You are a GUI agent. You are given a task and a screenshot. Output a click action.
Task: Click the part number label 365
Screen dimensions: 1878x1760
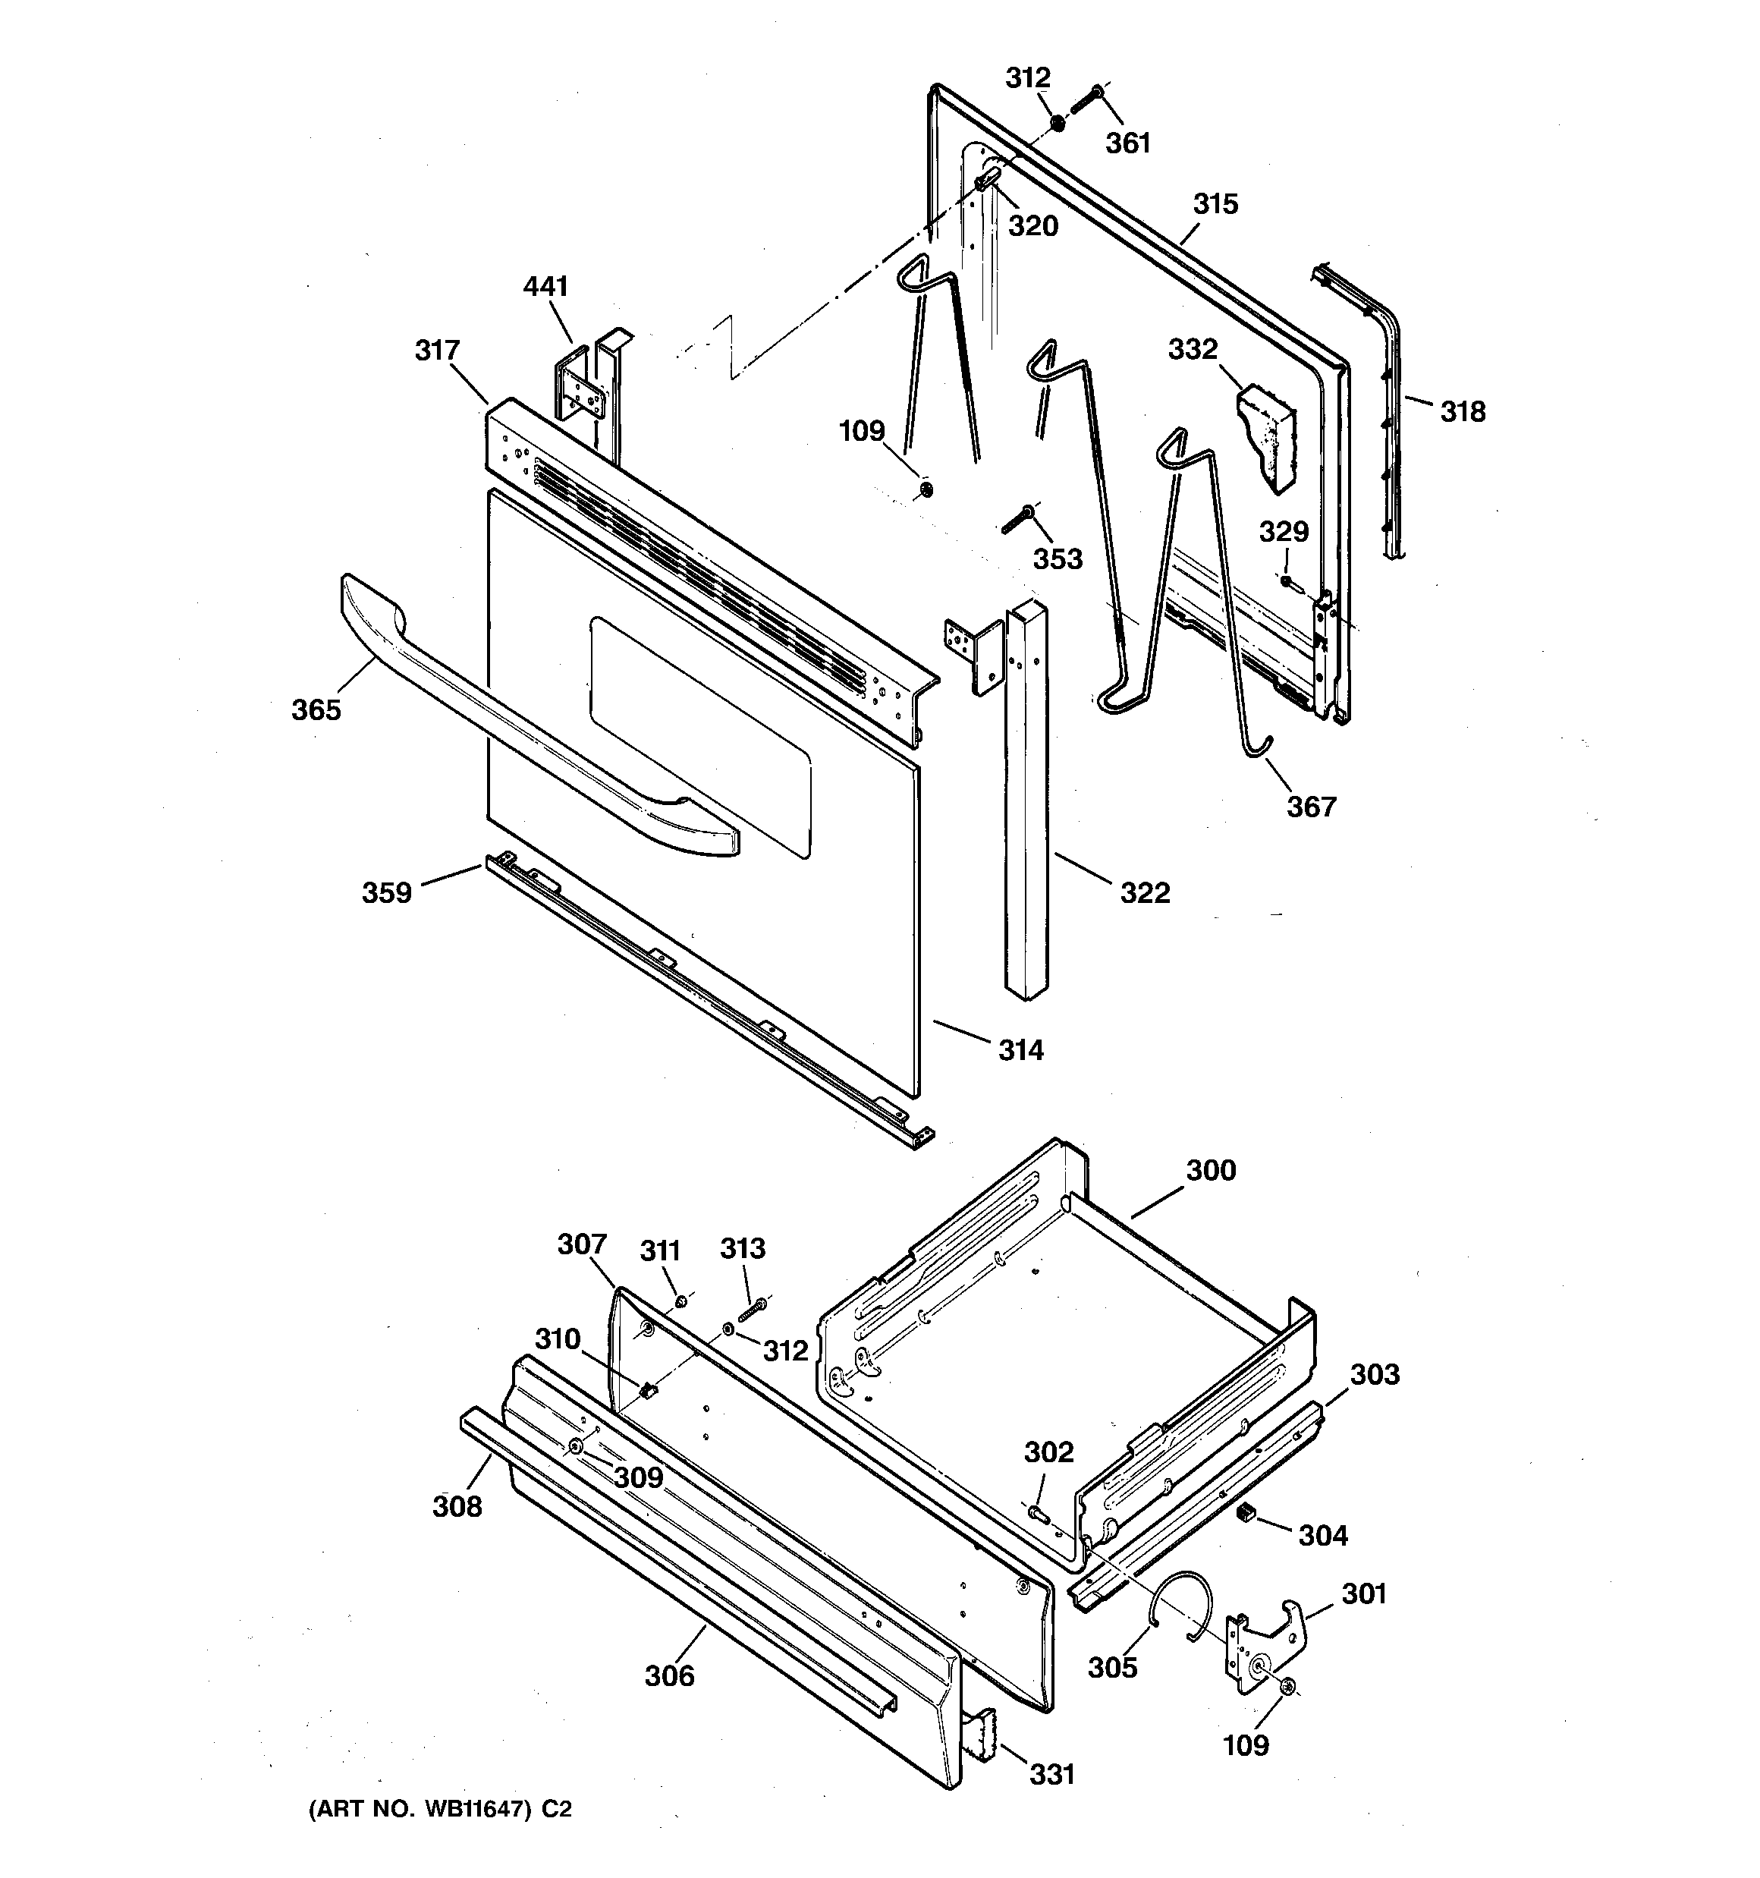[316, 709]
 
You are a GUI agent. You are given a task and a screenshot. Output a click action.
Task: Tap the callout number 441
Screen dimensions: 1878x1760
[545, 286]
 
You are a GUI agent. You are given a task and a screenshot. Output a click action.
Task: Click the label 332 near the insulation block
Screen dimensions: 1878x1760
[1193, 350]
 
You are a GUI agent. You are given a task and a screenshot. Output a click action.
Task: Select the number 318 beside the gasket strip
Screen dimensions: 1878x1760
[1463, 412]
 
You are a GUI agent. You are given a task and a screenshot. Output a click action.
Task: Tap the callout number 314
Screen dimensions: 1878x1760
[1021, 1049]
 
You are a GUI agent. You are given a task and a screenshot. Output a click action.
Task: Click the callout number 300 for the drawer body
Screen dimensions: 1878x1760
[1210, 1171]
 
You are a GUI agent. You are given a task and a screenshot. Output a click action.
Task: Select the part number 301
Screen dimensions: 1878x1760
[1364, 1593]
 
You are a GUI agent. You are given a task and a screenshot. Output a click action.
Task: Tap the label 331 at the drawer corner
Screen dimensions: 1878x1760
[1051, 1775]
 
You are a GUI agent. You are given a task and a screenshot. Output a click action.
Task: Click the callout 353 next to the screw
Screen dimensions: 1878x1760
[1057, 559]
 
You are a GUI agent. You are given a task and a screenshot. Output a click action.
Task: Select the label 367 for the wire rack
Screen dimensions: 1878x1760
[1311, 807]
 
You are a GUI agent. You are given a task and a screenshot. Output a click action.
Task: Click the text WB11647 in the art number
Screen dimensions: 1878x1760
[475, 1809]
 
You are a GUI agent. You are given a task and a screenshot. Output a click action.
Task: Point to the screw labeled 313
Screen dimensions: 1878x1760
[752, 1311]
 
